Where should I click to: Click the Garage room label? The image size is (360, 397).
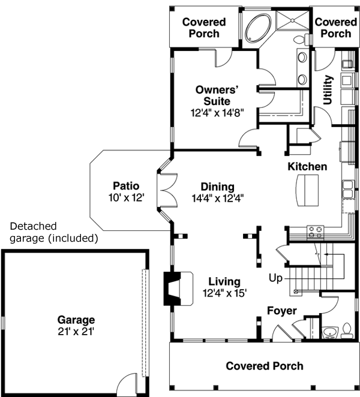click(76, 320)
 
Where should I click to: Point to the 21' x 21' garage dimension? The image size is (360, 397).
click(76, 330)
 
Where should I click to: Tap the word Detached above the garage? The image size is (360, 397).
click(33, 226)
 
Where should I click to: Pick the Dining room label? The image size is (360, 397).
click(217, 187)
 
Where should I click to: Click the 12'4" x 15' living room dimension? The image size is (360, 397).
click(224, 293)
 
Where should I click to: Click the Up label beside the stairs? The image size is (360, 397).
click(275, 278)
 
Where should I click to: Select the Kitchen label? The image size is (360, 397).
click(307, 166)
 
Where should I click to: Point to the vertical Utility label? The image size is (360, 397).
click(328, 90)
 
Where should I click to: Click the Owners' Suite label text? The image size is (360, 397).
click(217, 95)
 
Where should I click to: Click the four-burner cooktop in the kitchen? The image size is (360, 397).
click(315, 230)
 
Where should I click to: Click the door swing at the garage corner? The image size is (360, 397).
click(127, 381)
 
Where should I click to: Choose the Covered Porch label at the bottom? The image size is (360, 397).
click(264, 365)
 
